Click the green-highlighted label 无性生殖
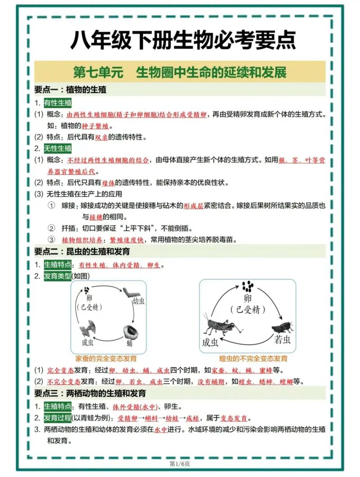[58, 148]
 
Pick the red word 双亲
[102, 137]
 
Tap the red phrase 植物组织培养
[76, 239]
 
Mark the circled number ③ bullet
[52, 239]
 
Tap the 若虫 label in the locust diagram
[283, 339]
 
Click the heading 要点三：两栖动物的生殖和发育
[90, 393]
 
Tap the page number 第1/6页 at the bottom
[180, 463]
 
